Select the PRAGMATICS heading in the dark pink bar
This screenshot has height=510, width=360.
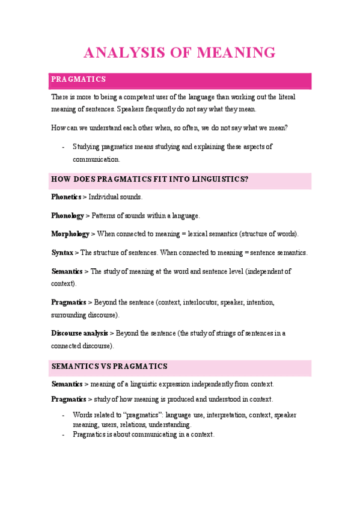(79, 79)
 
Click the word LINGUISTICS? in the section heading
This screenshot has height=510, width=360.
(218, 179)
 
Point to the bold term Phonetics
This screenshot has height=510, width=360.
(66, 197)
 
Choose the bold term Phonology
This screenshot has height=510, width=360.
(67, 215)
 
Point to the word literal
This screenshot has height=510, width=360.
(284, 97)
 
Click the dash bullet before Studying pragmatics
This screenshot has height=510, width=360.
(63, 147)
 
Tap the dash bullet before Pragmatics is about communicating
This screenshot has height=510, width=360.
(63, 434)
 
